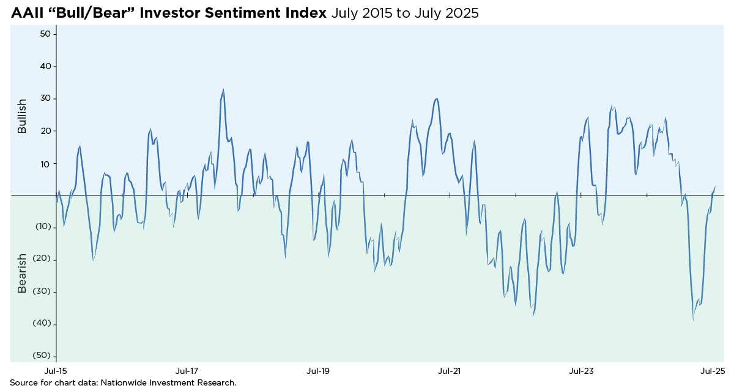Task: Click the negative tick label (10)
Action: [x=43, y=227]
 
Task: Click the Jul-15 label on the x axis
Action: [x=56, y=371]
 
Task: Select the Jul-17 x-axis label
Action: [x=187, y=371]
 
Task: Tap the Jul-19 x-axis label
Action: [x=318, y=371]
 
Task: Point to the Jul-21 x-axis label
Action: [x=450, y=371]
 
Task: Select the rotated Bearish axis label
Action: [x=22, y=274]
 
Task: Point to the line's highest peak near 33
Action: [x=223, y=90]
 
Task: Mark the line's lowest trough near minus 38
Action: [x=693, y=320]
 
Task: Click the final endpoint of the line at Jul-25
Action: [x=715, y=187]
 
